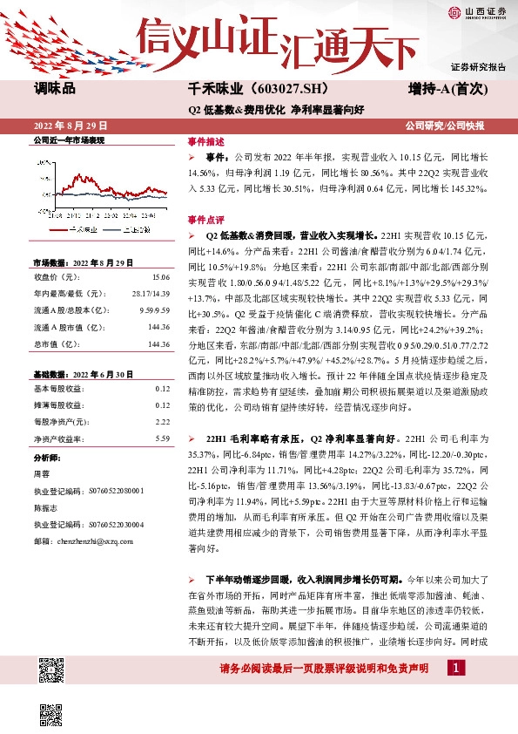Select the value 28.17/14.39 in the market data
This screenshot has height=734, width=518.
point(148,294)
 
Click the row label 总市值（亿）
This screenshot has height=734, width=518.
point(55,344)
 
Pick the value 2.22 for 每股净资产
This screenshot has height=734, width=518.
point(162,421)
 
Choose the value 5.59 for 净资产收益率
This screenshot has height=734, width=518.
point(162,438)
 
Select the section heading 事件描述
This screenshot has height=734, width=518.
point(205,141)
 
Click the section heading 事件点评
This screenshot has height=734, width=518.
point(205,219)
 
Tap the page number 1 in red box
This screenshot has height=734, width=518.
point(454,668)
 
